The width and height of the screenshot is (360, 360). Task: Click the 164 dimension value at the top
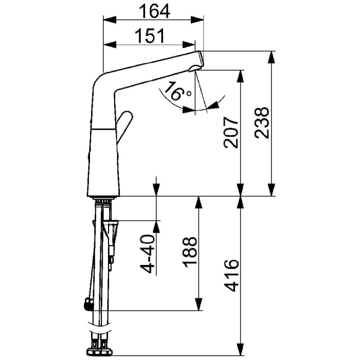(154, 10)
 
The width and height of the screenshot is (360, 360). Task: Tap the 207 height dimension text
(231, 133)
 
